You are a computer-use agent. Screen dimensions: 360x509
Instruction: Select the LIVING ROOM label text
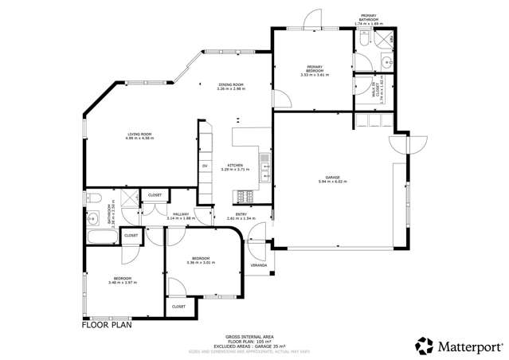[x=139, y=135]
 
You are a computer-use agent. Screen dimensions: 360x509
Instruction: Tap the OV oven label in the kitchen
[x=205, y=165]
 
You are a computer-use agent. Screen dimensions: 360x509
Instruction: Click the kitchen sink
[x=266, y=166]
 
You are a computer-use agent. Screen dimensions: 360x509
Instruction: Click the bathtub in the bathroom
[x=100, y=237]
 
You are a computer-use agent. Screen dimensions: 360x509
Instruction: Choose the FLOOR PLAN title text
[x=106, y=325]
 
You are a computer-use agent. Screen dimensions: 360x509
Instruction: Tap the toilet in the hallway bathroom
[x=93, y=198]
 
